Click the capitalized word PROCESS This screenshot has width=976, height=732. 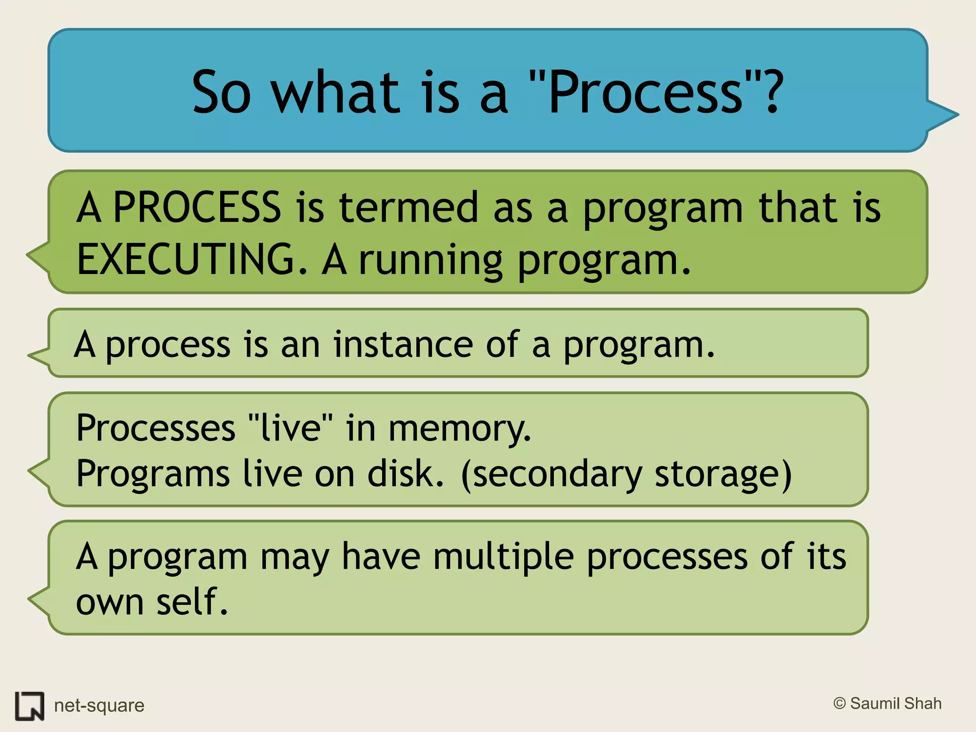(197, 208)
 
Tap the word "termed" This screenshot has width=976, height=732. (408, 208)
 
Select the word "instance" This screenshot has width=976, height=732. (403, 344)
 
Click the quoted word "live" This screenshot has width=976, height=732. (291, 427)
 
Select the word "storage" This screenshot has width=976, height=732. (717, 475)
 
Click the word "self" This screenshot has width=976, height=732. (191, 601)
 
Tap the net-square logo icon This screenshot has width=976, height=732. (30, 706)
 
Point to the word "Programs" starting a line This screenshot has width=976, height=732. (153, 475)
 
